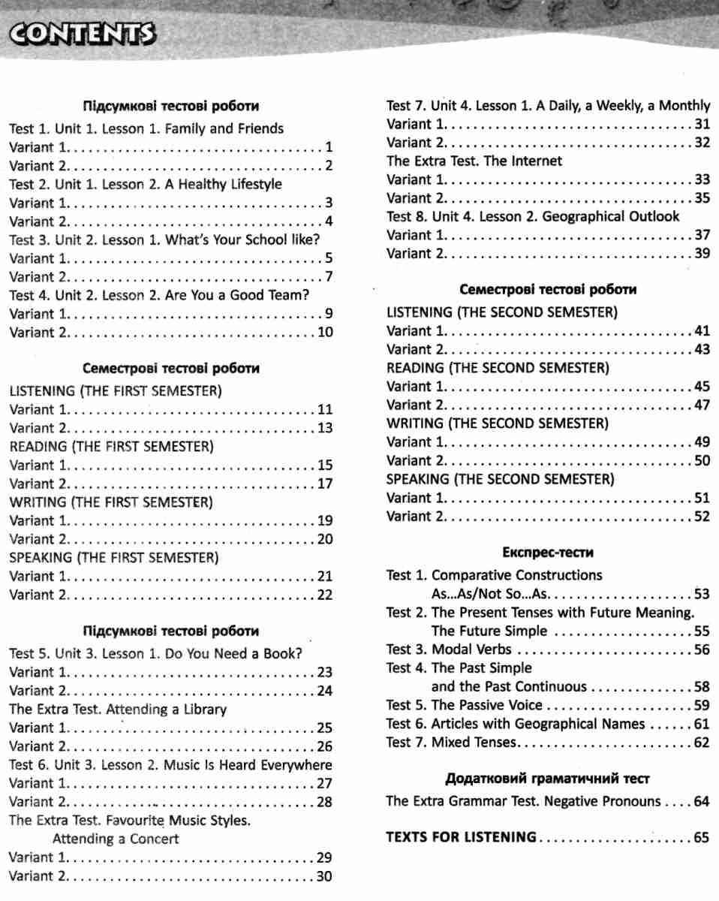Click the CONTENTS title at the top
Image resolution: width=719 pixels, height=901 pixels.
coord(80,35)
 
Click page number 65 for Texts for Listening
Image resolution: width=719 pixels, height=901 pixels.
coord(702,837)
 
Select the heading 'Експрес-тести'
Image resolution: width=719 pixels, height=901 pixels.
coord(547,553)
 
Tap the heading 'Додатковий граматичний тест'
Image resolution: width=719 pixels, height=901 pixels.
coord(547,779)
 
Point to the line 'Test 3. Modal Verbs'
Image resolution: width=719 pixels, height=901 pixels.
coord(449,649)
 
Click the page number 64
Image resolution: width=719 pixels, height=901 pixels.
coord(702,801)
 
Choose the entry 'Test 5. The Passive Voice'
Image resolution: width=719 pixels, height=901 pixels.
coord(464,705)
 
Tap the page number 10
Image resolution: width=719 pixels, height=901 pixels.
coord(325,332)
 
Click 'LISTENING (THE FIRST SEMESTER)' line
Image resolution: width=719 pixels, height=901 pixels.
coord(116,390)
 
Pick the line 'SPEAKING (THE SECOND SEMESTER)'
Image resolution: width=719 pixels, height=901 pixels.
coord(500,478)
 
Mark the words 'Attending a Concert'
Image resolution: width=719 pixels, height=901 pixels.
coord(116,839)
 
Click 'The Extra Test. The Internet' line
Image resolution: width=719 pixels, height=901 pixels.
coord(474,161)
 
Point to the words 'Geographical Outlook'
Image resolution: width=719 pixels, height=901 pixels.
coord(610,216)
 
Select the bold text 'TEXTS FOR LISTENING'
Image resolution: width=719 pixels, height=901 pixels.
coord(461,837)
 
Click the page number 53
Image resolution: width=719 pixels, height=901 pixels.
coord(702,594)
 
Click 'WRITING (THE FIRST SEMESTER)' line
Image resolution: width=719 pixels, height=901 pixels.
coord(111,501)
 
